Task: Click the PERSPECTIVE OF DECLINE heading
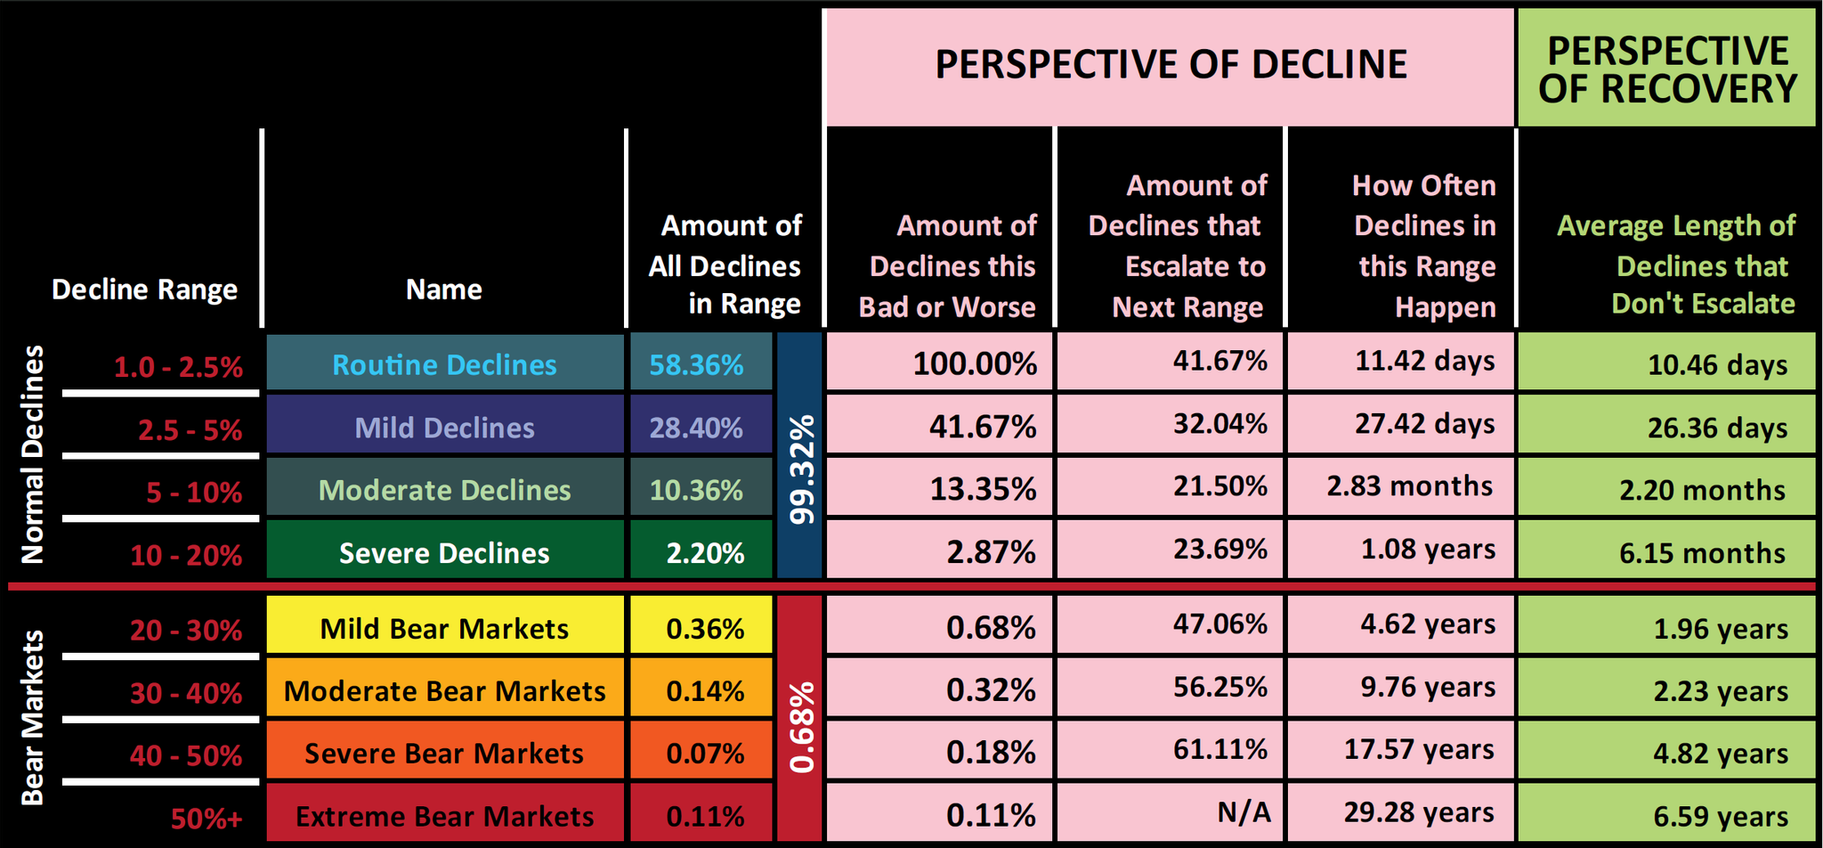[1170, 65]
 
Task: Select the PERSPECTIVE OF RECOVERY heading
[1667, 69]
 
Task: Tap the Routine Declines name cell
[444, 364]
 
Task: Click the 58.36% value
[696, 364]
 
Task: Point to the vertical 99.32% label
[800, 469]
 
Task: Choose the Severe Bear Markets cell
[444, 754]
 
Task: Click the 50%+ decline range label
[207, 818]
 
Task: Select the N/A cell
[1244, 811]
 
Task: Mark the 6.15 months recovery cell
[1702, 553]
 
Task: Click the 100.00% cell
[975, 363]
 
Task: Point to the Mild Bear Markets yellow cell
[444, 629]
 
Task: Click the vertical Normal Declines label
[32, 454]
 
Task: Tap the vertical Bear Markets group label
[32, 717]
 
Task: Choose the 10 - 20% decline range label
[186, 555]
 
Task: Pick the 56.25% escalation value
[1219, 687]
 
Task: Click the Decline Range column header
[144, 289]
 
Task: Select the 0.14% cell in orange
[705, 691]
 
